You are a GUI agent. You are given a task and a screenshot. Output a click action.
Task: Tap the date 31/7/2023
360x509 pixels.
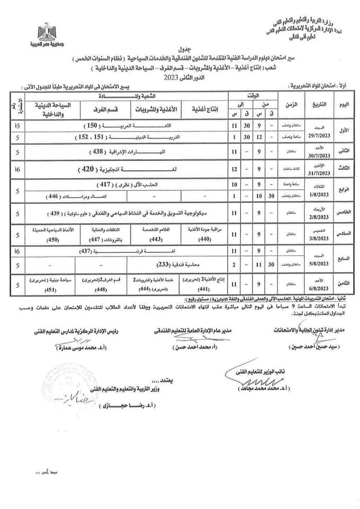tap(317, 173)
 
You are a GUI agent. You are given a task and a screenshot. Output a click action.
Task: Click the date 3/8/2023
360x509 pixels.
tap(317, 236)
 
